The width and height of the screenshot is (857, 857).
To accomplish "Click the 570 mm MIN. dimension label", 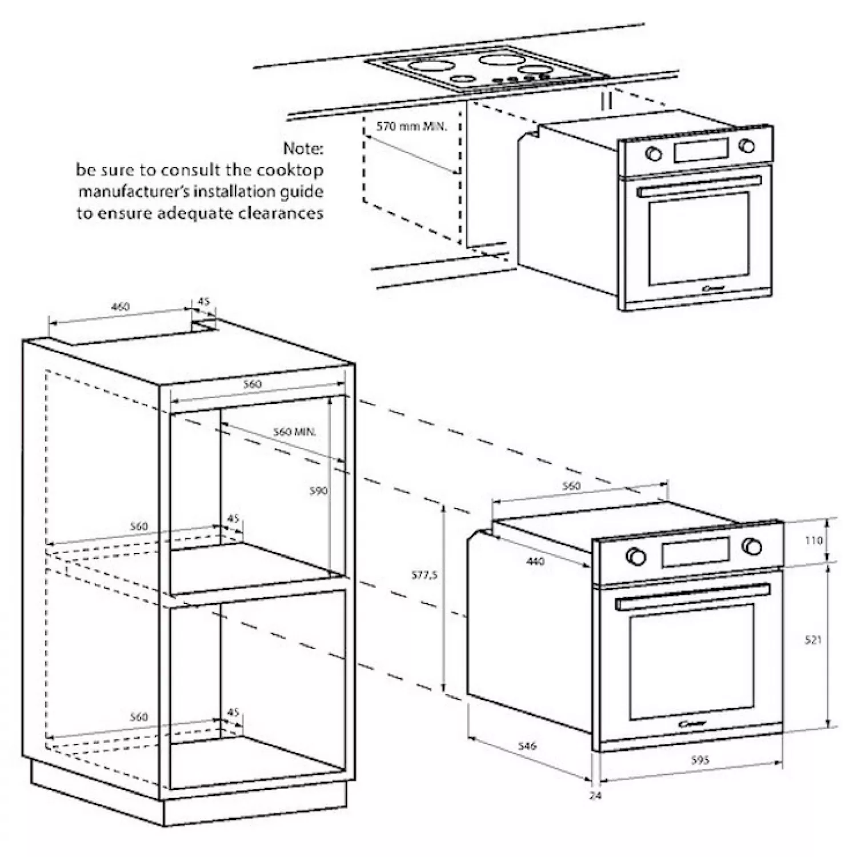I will (x=411, y=126).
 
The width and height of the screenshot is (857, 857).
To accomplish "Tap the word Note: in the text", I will (x=303, y=149).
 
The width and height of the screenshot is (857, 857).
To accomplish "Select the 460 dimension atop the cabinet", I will (x=119, y=307).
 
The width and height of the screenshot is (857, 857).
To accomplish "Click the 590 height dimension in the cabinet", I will (x=318, y=491).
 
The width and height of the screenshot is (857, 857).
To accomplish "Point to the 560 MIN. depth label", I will (x=294, y=432).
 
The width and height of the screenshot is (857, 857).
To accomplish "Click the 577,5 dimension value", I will (x=425, y=575).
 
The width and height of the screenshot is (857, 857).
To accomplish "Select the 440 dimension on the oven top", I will (x=535, y=562).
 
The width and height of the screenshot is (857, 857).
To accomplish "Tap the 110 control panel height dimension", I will (x=814, y=540).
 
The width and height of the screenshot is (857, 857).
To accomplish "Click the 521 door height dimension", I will (x=813, y=640).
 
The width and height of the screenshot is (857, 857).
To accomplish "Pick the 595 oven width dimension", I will (x=700, y=760).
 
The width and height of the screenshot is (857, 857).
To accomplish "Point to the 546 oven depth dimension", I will (x=527, y=746).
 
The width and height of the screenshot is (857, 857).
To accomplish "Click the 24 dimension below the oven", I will (x=595, y=795).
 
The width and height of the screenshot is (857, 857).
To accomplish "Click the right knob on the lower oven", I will (x=752, y=546).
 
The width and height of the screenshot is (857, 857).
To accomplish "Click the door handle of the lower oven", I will (x=693, y=596).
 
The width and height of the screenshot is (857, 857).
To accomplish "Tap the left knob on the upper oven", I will (x=653, y=153).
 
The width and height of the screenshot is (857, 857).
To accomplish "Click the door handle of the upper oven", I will (x=699, y=186).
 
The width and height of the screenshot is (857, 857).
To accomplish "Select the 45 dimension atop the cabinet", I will (x=203, y=301).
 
